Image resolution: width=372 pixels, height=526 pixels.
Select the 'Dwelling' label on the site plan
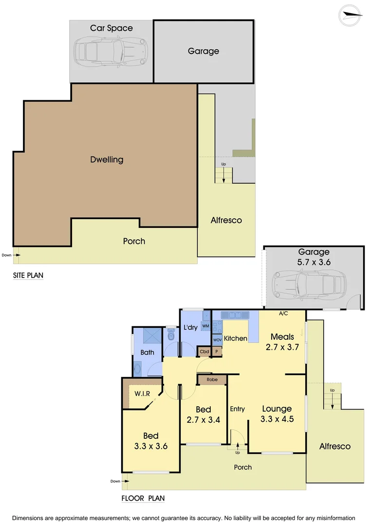107,159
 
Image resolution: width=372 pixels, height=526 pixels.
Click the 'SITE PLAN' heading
28,276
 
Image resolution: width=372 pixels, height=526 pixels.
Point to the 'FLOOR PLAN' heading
143,498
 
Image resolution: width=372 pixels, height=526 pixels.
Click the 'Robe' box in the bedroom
212,379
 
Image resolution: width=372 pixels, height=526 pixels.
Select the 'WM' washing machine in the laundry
205,325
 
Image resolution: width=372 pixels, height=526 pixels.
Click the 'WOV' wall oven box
217,339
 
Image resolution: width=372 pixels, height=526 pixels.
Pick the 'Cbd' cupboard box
204,351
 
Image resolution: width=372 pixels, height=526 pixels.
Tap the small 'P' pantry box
217,351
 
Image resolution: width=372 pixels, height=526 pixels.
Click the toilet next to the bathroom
170,335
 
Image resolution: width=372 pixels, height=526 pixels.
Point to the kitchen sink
235,315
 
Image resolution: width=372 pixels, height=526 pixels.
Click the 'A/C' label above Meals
283,313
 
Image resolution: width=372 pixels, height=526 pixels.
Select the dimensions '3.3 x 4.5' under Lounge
277,419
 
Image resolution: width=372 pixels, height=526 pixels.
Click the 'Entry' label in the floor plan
237,409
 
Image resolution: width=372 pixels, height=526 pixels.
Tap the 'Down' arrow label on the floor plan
115,481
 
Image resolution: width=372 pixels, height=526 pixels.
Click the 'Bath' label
147,352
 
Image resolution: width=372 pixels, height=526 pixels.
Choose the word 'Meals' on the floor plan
282,337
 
